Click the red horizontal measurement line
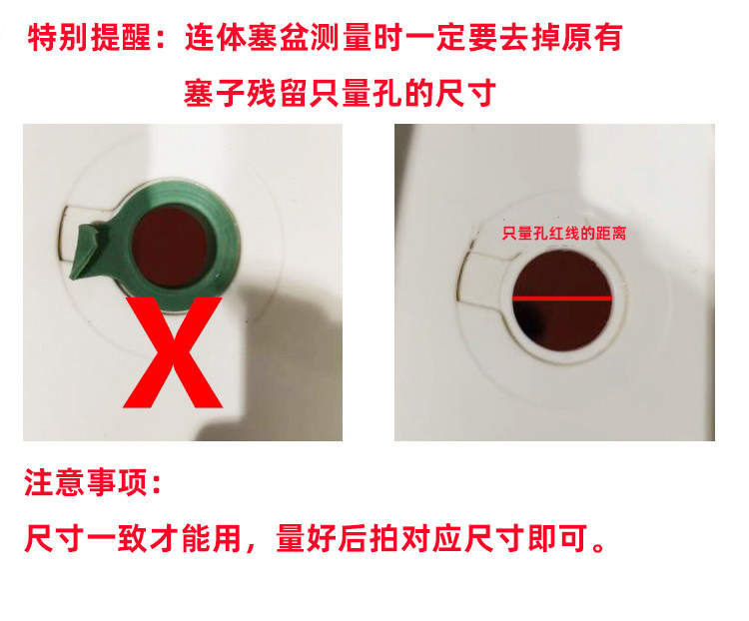561,299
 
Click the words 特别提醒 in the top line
89,39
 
